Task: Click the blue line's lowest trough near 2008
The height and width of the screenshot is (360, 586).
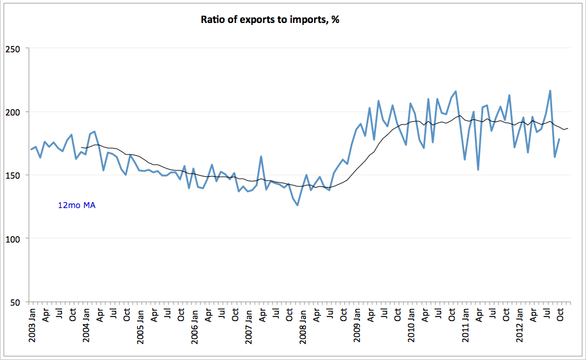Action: coord(297,205)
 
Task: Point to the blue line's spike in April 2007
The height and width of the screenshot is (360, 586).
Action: coord(261,156)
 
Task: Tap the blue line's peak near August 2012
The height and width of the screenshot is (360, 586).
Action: coord(550,91)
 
